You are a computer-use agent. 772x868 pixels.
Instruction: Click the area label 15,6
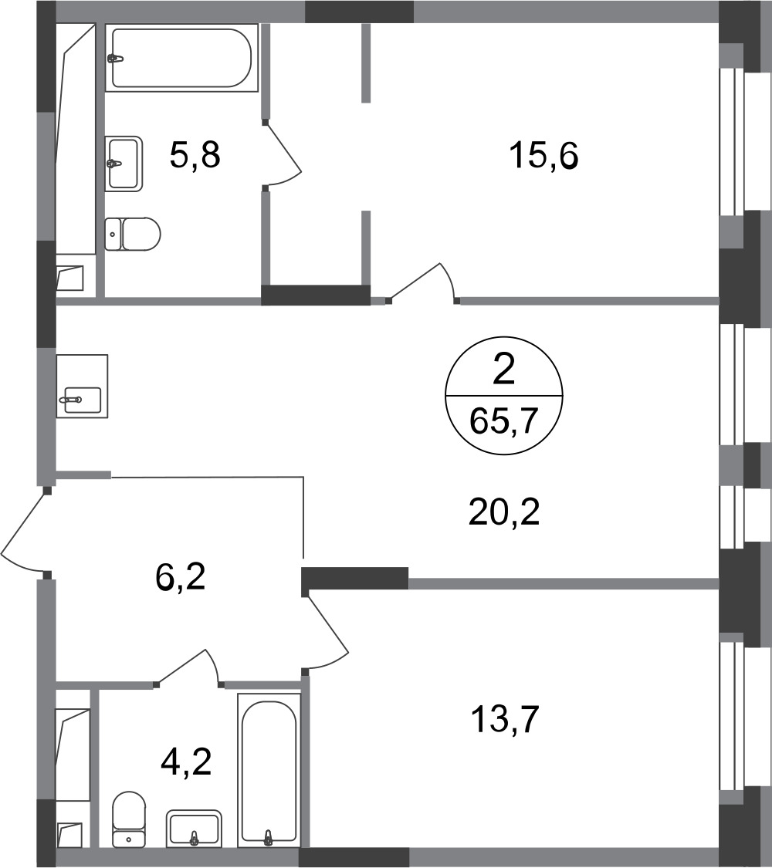[x=543, y=156]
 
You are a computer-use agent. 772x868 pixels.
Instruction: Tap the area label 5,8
[x=195, y=154]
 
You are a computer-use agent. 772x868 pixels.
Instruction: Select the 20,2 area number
[x=504, y=512]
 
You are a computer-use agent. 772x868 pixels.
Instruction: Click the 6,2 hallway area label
[x=181, y=577]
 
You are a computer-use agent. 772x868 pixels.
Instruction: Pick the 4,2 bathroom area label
[x=186, y=762]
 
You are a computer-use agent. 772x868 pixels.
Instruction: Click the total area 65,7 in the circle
[x=504, y=421]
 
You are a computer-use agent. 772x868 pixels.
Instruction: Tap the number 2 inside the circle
[x=504, y=370]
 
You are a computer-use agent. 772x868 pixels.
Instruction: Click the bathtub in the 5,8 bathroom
[x=181, y=58]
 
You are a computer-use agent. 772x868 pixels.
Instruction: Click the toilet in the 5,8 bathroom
[x=132, y=234]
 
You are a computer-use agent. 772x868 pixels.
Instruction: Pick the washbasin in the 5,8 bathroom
[x=124, y=164]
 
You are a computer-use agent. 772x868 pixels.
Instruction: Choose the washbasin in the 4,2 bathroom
[x=194, y=829]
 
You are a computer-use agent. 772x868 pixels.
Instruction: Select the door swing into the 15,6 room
[x=423, y=283]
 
